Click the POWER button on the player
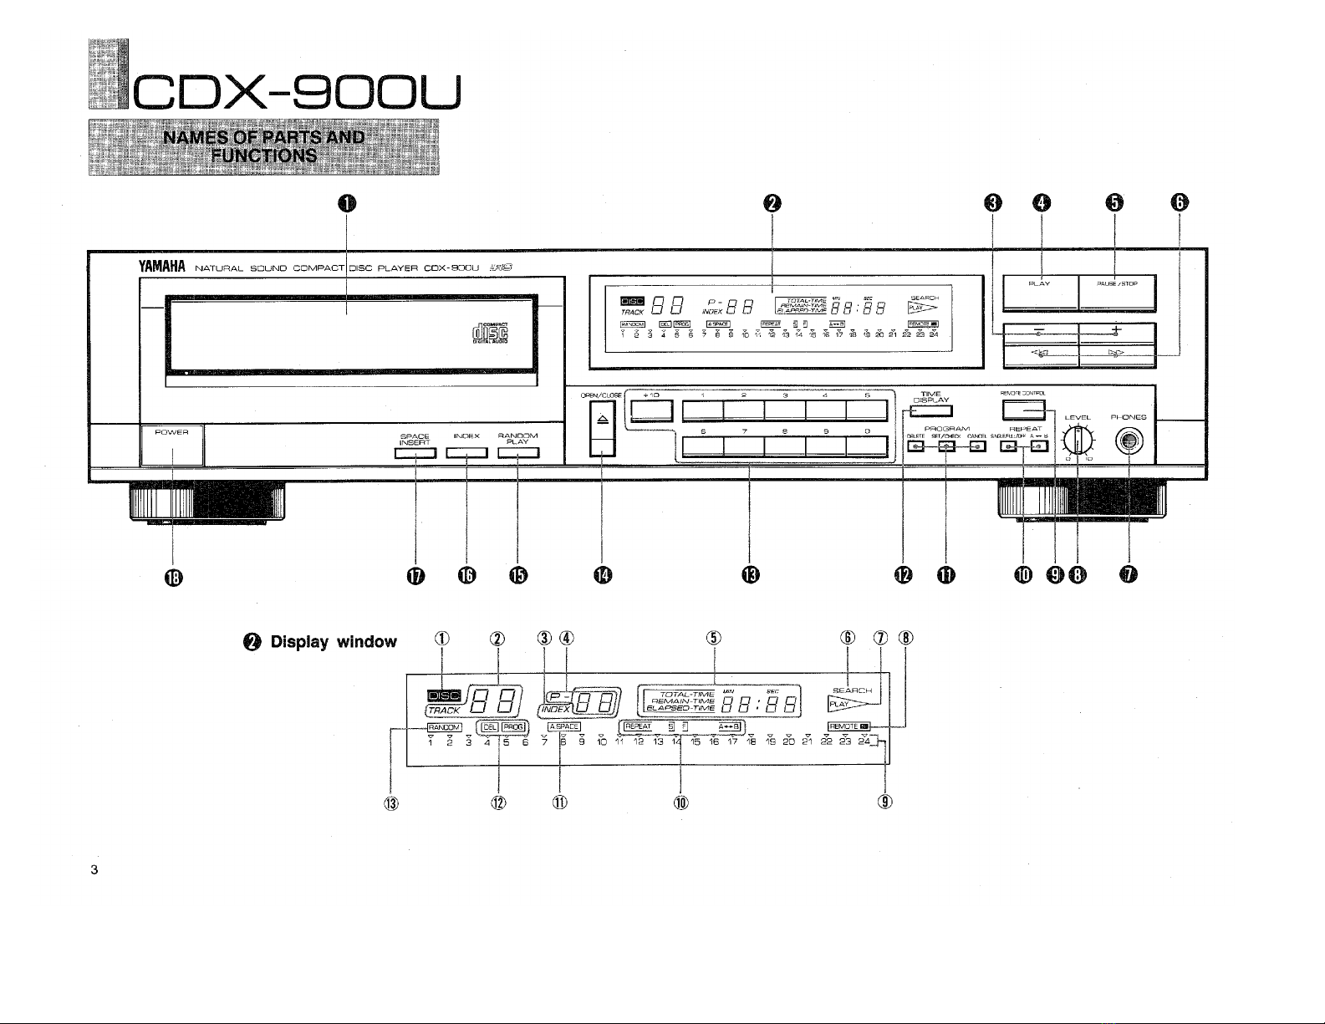tap(172, 445)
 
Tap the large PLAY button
tap(1040, 293)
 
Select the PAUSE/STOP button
tap(1117, 293)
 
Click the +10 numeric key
tap(652, 410)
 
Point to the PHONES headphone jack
tap(1129, 441)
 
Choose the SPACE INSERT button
tap(415, 454)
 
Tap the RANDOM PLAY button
tap(518, 454)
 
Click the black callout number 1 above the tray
tap(347, 203)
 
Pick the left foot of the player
tap(206, 504)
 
